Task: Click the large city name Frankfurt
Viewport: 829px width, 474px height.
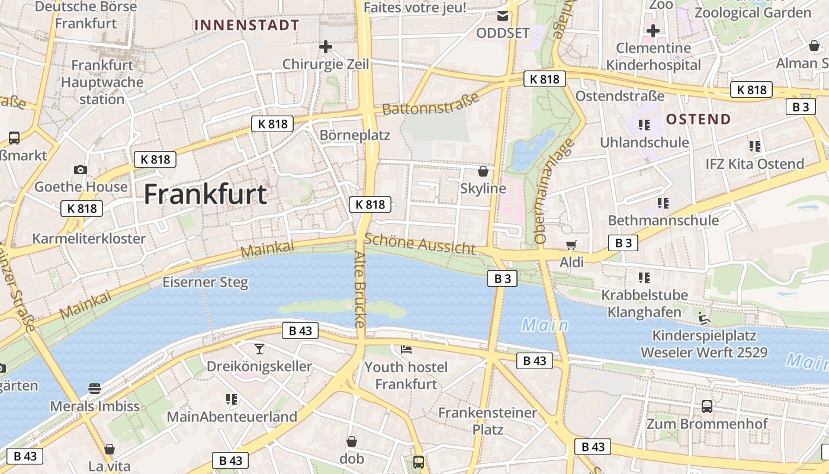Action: click(x=205, y=194)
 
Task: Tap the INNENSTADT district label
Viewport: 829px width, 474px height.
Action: click(x=247, y=25)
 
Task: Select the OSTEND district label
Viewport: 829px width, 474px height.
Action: click(x=698, y=119)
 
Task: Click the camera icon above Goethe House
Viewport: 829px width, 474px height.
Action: click(x=81, y=170)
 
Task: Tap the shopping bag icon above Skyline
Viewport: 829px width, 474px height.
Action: click(x=483, y=172)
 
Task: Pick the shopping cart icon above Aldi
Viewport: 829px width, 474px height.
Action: click(x=571, y=245)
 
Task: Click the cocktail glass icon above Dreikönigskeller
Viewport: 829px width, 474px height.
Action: click(x=259, y=348)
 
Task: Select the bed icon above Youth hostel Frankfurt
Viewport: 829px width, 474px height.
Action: click(x=406, y=350)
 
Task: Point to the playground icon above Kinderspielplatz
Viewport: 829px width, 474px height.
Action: click(x=703, y=318)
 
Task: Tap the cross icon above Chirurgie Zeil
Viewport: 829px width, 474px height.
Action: click(x=325, y=46)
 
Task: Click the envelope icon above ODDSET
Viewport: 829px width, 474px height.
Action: click(x=503, y=15)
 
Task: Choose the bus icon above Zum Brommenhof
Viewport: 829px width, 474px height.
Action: click(x=707, y=406)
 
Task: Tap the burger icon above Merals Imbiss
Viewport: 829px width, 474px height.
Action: click(x=95, y=389)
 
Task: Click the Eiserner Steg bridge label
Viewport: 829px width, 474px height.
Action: click(x=205, y=282)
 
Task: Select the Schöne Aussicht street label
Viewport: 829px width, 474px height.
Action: click(x=419, y=243)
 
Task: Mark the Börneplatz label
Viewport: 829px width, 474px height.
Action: click(x=355, y=135)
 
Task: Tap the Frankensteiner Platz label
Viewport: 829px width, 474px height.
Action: click(x=487, y=421)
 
